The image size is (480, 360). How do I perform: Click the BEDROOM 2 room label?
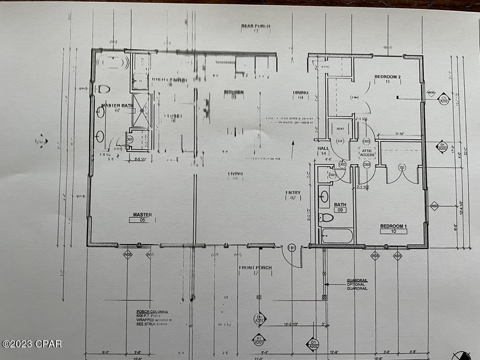(387, 76)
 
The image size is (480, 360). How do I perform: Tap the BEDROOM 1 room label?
(393, 226)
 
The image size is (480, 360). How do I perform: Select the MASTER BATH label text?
(118, 105)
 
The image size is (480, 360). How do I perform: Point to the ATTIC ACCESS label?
(367, 152)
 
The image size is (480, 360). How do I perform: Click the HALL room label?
(323, 149)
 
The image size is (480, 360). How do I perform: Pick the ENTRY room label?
(293, 193)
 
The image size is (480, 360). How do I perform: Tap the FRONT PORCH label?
(255, 268)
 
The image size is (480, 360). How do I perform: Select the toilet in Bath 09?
(326, 217)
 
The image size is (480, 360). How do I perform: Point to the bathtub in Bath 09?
(337, 235)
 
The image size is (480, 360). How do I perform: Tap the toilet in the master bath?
(104, 89)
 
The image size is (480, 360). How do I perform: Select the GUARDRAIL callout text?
(357, 280)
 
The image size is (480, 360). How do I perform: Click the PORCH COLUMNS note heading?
(152, 311)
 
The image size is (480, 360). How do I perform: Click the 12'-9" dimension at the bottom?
(335, 352)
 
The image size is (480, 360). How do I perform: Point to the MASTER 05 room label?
(142, 215)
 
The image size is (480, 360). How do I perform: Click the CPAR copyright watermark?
(32, 344)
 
